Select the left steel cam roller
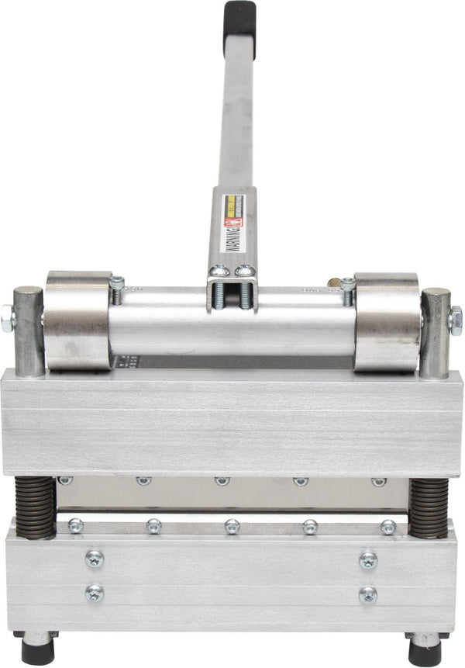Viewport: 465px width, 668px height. click(x=77, y=320)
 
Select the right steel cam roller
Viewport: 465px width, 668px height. click(x=387, y=320)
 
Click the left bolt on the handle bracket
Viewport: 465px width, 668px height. click(x=220, y=271)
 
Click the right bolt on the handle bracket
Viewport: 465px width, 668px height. click(x=244, y=271)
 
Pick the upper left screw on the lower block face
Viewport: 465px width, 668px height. click(x=95, y=559)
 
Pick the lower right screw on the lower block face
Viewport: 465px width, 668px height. click(x=368, y=594)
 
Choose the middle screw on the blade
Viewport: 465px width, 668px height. click(x=222, y=481)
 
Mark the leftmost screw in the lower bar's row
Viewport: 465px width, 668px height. click(x=75, y=526)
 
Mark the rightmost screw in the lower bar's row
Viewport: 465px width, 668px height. click(x=388, y=527)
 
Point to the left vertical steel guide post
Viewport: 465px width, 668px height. click(x=29, y=330)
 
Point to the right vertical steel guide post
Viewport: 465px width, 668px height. click(x=435, y=331)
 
